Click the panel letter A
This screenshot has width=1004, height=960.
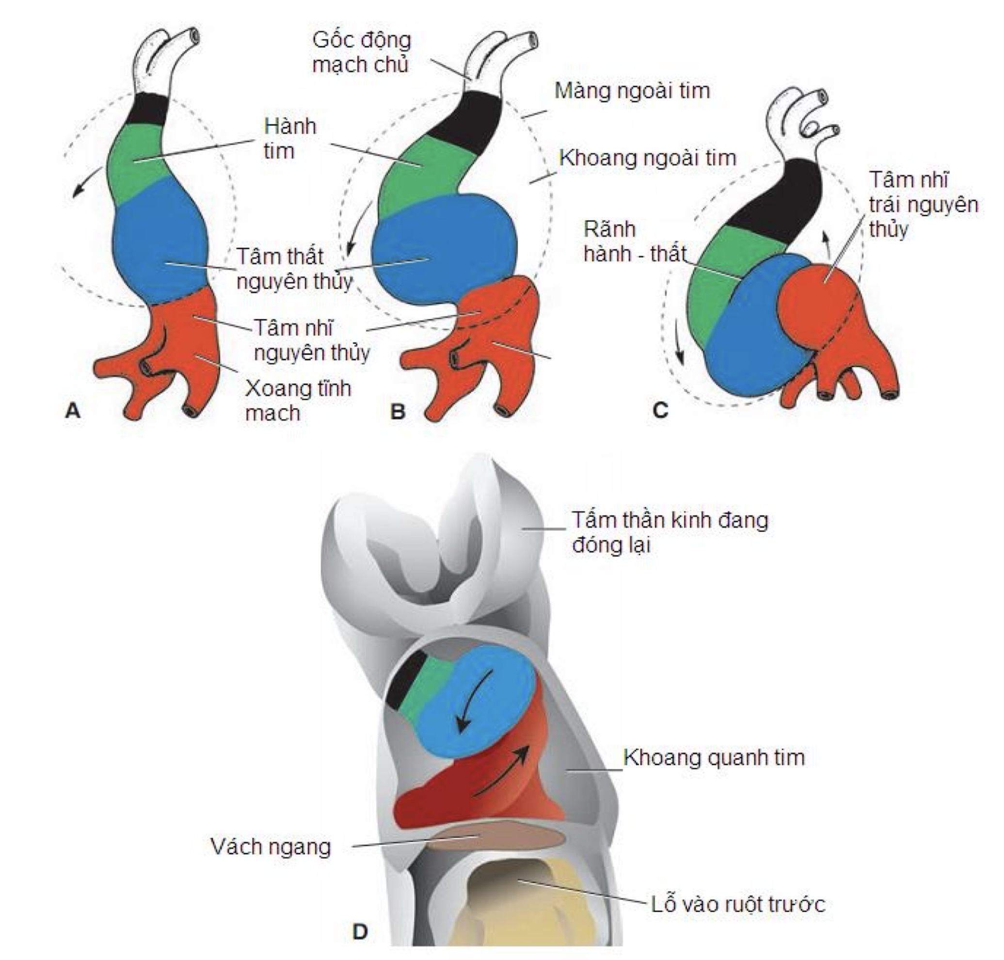[x=73, y=410]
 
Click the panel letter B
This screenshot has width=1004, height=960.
[x=397, y=411]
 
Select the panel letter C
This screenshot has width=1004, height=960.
[x=661, y=410]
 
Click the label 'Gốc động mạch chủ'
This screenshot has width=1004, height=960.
[x=361, y=52]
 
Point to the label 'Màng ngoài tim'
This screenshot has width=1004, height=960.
[x=633, y=91]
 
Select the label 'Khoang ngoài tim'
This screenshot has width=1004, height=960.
[x=647, y=158]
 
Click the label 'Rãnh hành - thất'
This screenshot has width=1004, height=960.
[x=635, y=241]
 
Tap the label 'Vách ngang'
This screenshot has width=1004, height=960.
[x=271, y=847]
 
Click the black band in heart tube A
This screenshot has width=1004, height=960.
[x=147, y=109]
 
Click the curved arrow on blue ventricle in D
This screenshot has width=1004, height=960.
[x=473, y=701]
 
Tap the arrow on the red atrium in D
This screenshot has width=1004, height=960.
[x=501, y=770]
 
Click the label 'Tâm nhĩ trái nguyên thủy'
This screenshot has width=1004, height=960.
[x=923, y=205]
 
